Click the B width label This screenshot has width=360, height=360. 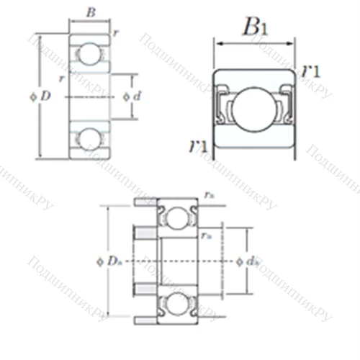(89, 12)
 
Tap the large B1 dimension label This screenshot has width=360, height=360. (255, 27)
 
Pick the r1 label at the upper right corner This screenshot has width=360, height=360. (311, 71)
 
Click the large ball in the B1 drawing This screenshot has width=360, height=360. (255, 108)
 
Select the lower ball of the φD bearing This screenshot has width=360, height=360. (89, 138)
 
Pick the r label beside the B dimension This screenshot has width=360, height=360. (117, 33)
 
